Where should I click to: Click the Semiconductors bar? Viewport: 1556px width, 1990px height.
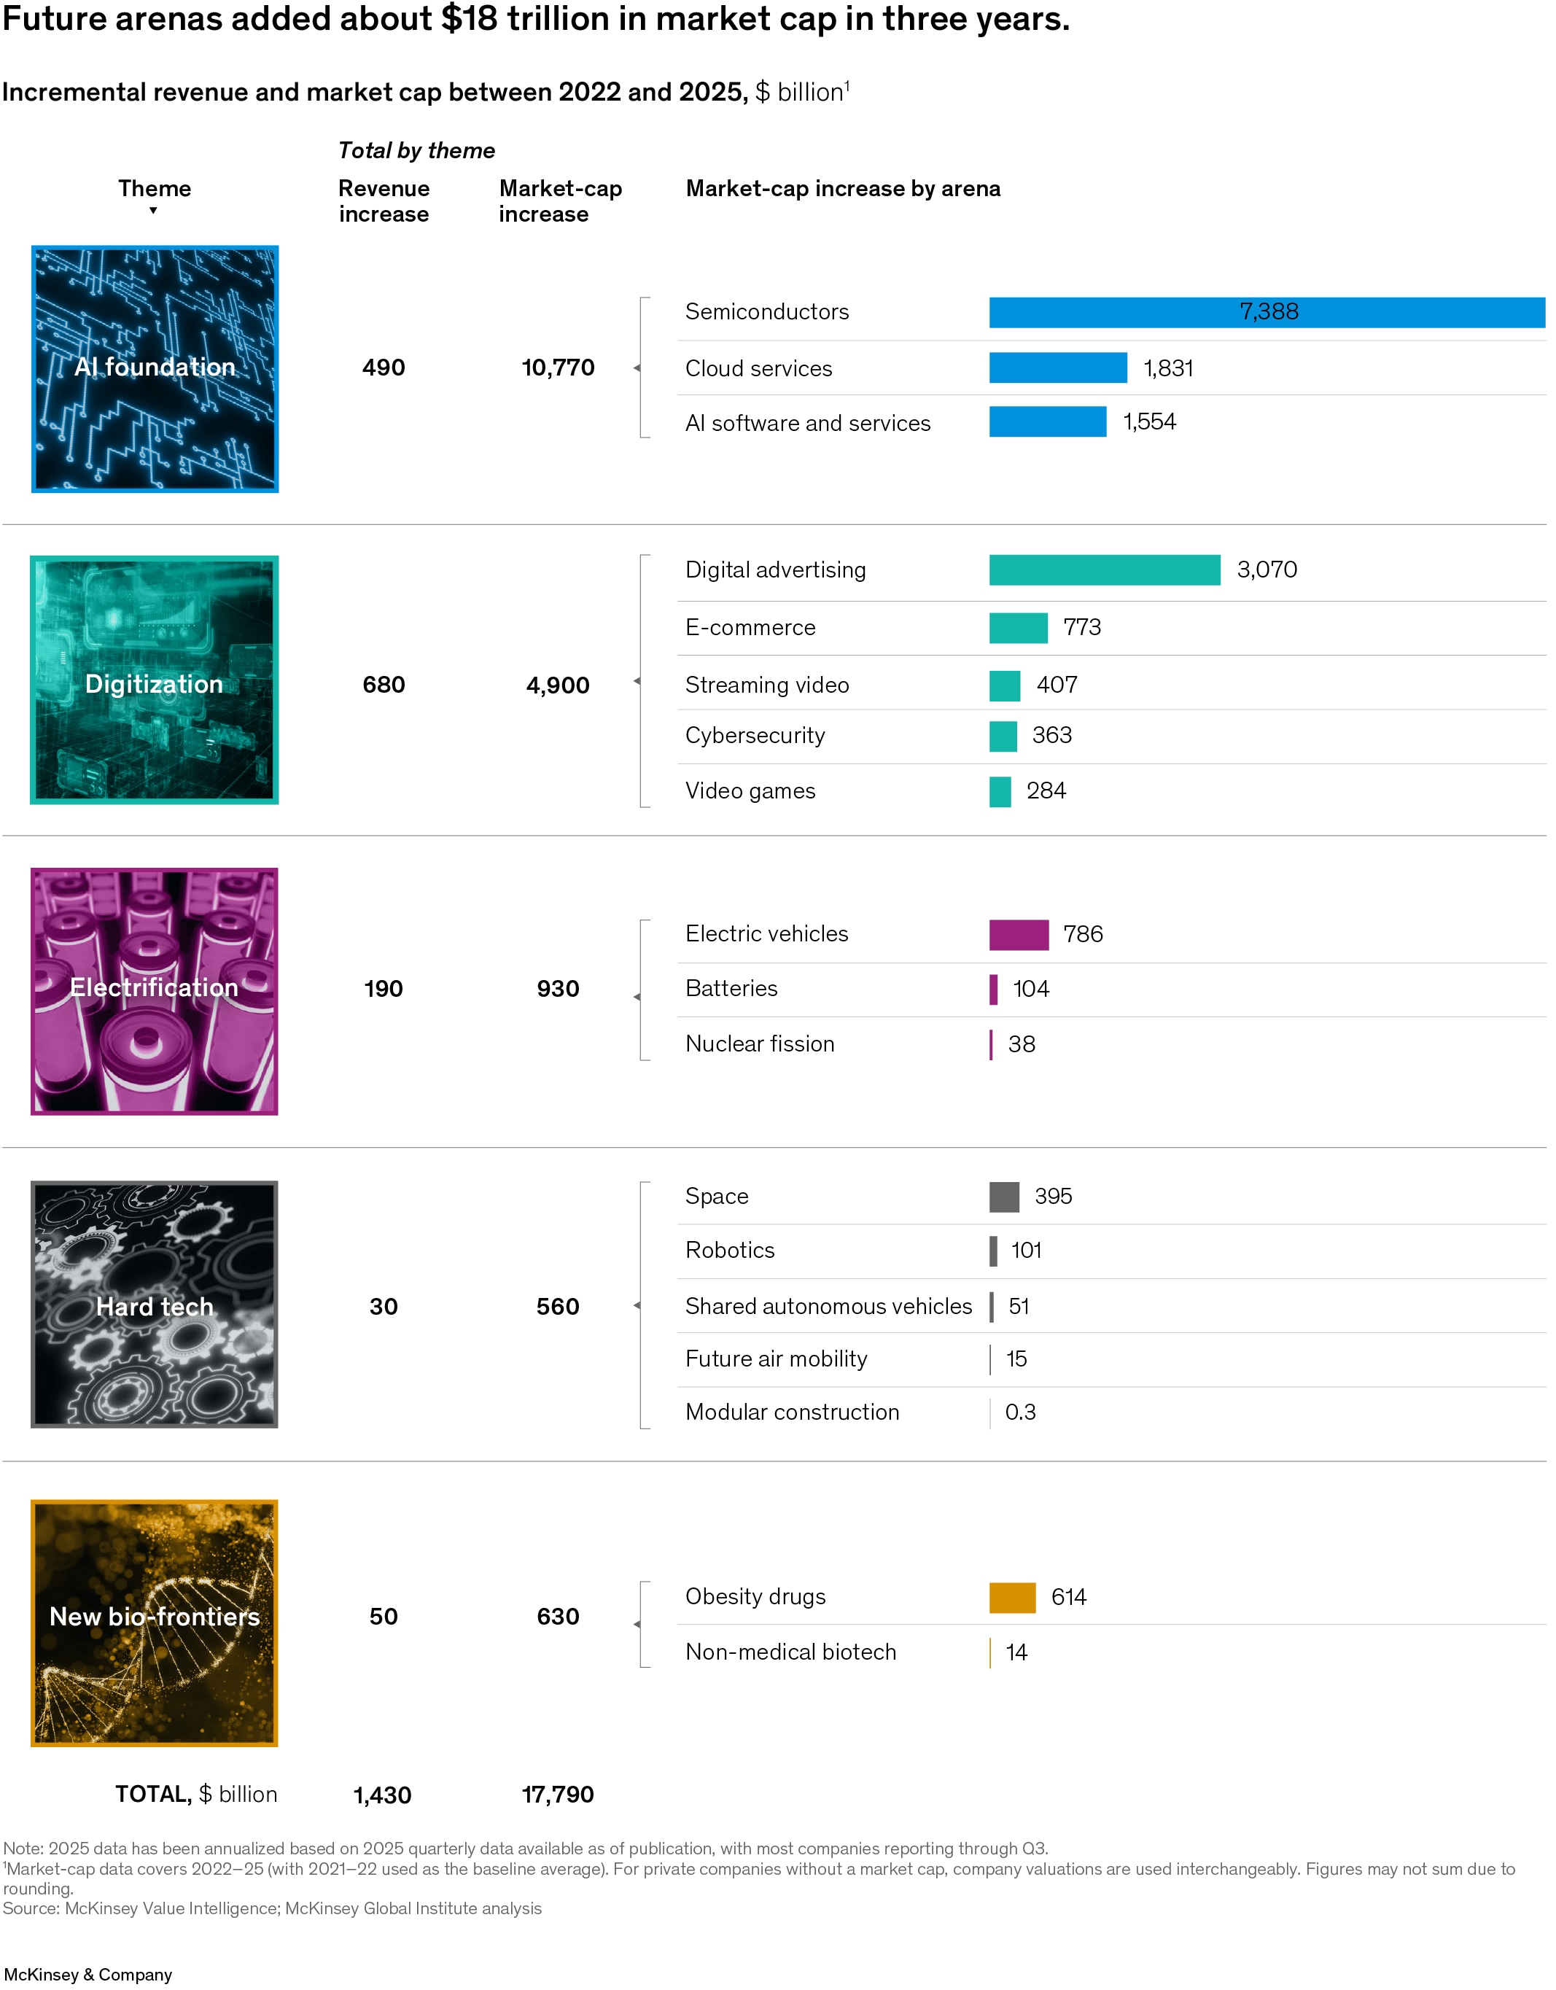(x=1267, y=313)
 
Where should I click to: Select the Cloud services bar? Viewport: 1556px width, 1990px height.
(x=1058, y=368)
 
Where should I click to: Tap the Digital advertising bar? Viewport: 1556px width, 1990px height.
(x=1104, y=570)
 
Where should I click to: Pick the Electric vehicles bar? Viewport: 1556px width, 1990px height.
(x=1019, y=935)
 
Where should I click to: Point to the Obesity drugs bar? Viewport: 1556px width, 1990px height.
(x=1012, y=1597)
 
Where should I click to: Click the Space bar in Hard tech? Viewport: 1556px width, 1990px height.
(x=1004, y=1197)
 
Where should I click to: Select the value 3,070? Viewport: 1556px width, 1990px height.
(x=1267, y=570)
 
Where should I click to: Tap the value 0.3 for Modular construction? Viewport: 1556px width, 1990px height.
(x=1020, y=1412)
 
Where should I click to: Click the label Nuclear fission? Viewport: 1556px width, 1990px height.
(x=760, y=1044)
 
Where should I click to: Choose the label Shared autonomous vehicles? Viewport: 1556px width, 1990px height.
(x=828, y=1307)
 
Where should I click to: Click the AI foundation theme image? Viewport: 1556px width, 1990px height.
(x=155, y=369)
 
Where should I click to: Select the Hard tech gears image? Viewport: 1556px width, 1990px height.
(x=155, y=1305)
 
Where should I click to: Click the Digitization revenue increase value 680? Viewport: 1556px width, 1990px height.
(x=384, y=685)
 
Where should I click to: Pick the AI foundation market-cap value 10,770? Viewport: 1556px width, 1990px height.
(x=558, y=368)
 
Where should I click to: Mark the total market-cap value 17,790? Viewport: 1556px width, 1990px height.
(x=558, y=1795)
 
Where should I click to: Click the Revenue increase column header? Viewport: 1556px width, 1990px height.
(x=384, y=201)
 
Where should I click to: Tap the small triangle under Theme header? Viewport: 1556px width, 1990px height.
(x=153, y=211)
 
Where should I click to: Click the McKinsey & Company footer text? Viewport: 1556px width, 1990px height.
(x=88, y=1975)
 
